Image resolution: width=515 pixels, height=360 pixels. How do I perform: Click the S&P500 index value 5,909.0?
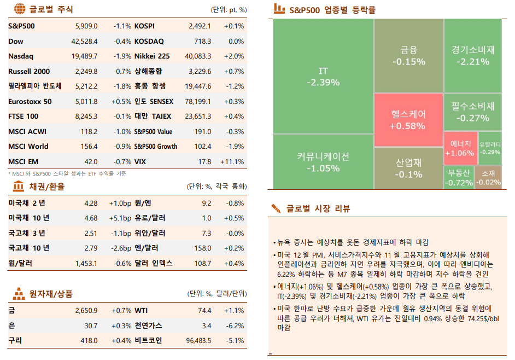[x=86, y=26]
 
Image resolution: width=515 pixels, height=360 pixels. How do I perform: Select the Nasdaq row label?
[x=21, y=56]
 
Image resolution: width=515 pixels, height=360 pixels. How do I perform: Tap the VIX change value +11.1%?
[x=232, y=161]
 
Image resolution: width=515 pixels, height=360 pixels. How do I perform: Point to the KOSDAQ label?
[x=149, y=41]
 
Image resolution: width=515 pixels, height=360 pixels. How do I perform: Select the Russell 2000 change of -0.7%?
[x=122, y=71]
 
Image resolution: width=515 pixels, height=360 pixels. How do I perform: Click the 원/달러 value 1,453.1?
[x=86, y=263]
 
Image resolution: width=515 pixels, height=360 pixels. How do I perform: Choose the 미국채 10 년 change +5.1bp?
[x=120, y=218]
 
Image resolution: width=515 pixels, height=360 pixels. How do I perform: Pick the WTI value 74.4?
[x=204, y=310]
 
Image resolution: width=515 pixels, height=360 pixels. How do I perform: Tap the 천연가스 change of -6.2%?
[x=235, y=326]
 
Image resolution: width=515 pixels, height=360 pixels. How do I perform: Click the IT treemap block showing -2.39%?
[x=323, y=77]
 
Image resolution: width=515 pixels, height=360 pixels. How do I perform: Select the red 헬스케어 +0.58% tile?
[x=408, y=119]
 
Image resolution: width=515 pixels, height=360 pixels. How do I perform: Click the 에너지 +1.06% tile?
[x=459, y=148]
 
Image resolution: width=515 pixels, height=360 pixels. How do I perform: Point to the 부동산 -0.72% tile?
[x=459, y=177]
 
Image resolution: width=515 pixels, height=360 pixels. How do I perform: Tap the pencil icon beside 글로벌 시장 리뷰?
[x=276, y=208]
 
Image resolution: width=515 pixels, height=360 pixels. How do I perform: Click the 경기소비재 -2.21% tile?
[x=473, y=55]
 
